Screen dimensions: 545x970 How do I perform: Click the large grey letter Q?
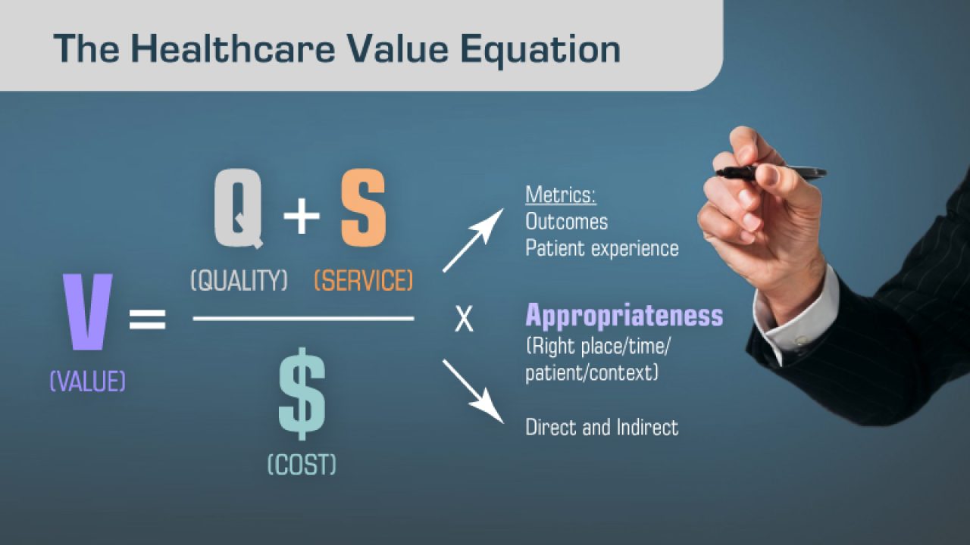click(239, 209)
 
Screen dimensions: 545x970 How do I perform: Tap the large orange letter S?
click(363, 209)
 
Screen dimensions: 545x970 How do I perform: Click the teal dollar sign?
click(302, 394)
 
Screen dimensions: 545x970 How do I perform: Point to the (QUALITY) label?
click(239, 281)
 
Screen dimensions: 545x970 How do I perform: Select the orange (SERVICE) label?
click(364, 281)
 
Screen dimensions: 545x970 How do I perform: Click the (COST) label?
click(302, 464)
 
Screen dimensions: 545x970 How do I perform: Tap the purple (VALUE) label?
click(88, 381)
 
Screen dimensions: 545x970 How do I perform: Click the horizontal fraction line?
click(303, 319)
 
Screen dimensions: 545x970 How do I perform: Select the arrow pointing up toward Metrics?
click(473, 240)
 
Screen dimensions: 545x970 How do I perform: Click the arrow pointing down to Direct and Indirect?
click(473, 390)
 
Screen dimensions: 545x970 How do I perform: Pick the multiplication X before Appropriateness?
click(464, 320)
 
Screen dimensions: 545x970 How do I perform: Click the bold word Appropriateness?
click(624, 316)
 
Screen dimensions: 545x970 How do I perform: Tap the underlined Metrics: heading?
click(561, 195)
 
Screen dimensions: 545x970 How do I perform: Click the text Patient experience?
click(602, 248)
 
